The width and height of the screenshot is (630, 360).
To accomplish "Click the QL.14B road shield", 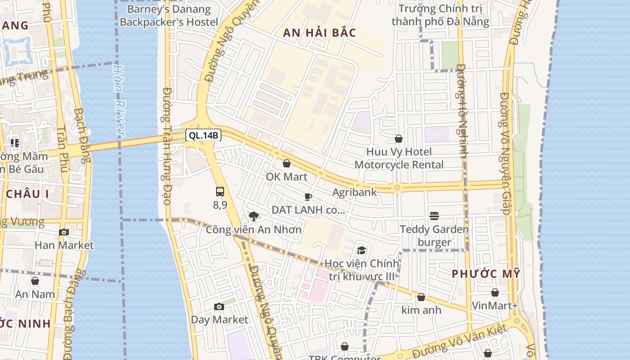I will click(203, 135).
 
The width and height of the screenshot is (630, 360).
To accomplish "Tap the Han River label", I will click(118, 101).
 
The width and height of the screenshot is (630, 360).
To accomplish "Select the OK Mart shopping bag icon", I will click(286, 163).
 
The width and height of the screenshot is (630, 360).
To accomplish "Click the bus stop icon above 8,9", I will click(220, 192).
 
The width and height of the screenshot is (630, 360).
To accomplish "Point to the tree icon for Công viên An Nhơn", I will click(254, 216).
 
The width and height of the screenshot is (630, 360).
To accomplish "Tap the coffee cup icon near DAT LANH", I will click(308, 197).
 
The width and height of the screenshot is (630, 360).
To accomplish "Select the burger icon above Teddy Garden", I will click(434, 216).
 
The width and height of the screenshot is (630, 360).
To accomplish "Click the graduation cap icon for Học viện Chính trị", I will click(361, 251).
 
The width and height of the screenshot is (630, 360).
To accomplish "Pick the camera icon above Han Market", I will click(64, 232).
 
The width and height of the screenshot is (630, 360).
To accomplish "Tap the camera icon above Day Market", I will click(219, 307).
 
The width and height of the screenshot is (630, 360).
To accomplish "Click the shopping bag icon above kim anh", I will click(421, 297).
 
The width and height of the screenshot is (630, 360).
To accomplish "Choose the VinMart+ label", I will click(495, 306).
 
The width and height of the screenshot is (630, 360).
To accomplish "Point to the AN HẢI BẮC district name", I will click(319, 33).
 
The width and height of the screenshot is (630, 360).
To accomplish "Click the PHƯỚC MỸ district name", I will click(486, 274).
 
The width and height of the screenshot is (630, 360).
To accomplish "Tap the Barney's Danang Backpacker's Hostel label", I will click(169, 15).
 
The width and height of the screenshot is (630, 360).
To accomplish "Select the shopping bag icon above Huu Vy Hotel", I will click(399, 139).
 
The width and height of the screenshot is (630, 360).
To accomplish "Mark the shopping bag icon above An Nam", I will click(35, 281).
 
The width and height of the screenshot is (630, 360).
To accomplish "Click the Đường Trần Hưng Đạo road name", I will click(166, 146).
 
